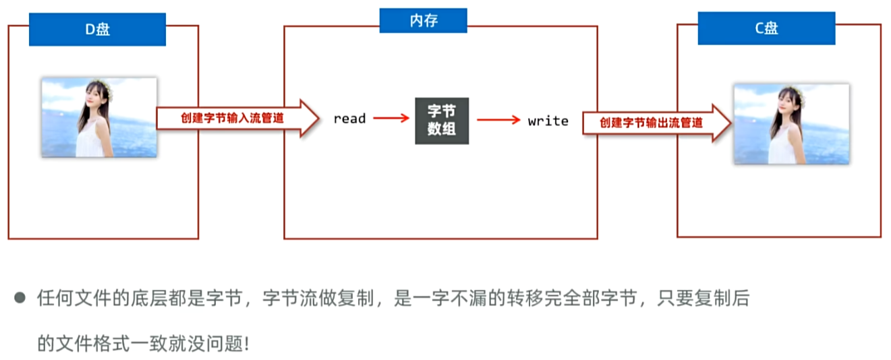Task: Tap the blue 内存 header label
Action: tap(423, 20)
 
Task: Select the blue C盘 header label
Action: tap(766, 29)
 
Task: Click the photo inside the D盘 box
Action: tap(99, 117)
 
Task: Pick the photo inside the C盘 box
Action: tap(791, 124)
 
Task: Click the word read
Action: tap(349, 119)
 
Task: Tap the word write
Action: tap(548, 121)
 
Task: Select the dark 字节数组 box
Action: tap(442, 121)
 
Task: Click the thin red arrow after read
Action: tap(391, 118)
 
